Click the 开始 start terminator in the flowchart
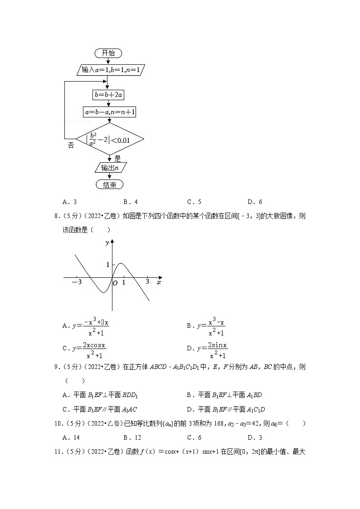108,53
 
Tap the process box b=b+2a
109,95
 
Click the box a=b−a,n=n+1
110,112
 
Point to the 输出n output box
110,168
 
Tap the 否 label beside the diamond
71,145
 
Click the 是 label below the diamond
118,159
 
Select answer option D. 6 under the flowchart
255,202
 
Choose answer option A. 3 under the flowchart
69,202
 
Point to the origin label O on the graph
115,283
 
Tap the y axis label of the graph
107,242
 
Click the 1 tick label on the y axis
108,264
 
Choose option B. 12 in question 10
131,437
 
